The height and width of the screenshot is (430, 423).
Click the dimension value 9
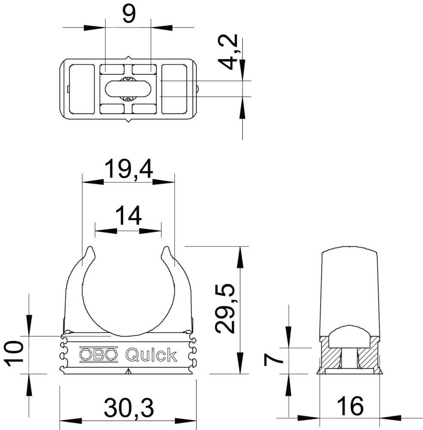[128, 14]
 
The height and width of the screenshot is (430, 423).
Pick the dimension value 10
[15, 353]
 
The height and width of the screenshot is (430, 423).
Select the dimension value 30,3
[128, 407]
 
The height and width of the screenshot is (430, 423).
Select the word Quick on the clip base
[151, 355]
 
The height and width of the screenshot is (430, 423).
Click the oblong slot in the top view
[128, 89]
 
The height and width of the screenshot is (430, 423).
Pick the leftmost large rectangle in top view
[82, 89]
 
